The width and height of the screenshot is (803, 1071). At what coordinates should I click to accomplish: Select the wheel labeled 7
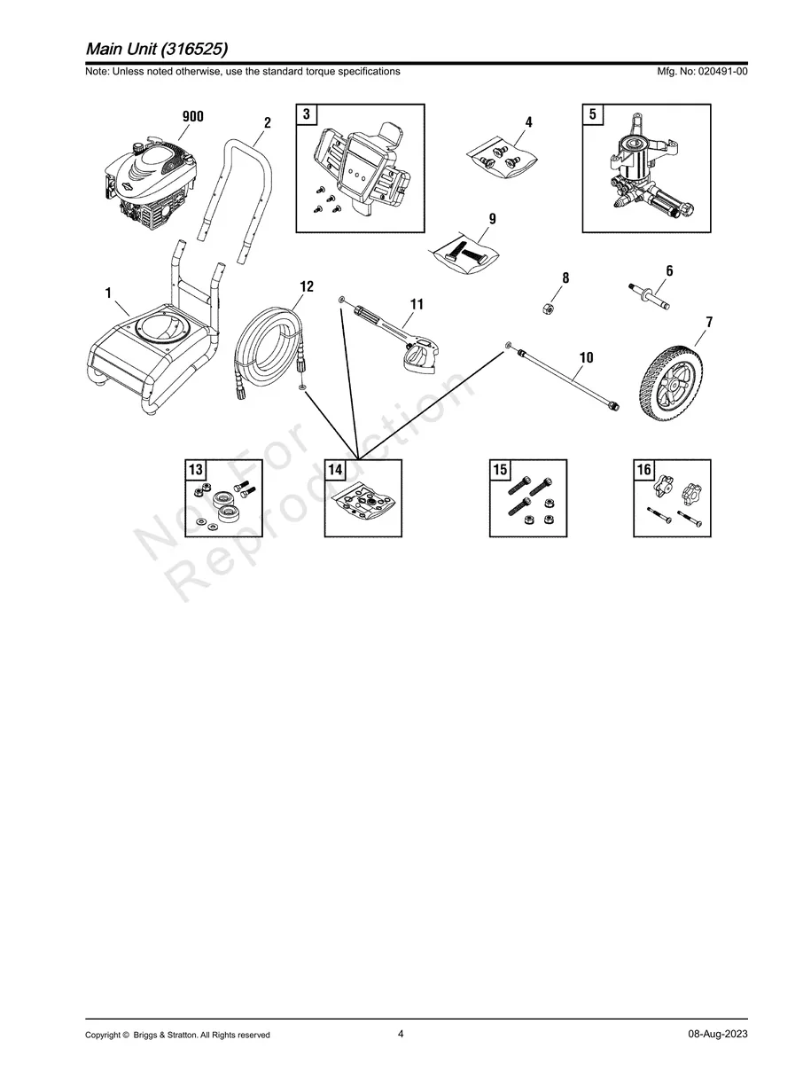pos(674,382)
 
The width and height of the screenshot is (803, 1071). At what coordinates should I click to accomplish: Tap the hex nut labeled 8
pos(548,308)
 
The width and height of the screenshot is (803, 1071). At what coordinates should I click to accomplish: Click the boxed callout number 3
pos(306,114)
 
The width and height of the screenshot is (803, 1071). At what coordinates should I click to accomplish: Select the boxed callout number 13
pos(195,470)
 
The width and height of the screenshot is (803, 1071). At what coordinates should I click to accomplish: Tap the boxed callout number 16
pos(643,470)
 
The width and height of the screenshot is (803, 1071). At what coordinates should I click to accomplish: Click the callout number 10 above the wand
pos(586,357)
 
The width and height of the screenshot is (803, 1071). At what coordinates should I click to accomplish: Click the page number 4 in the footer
pos(401,1034)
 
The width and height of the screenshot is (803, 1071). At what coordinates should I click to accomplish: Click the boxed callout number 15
pos(500,470)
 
